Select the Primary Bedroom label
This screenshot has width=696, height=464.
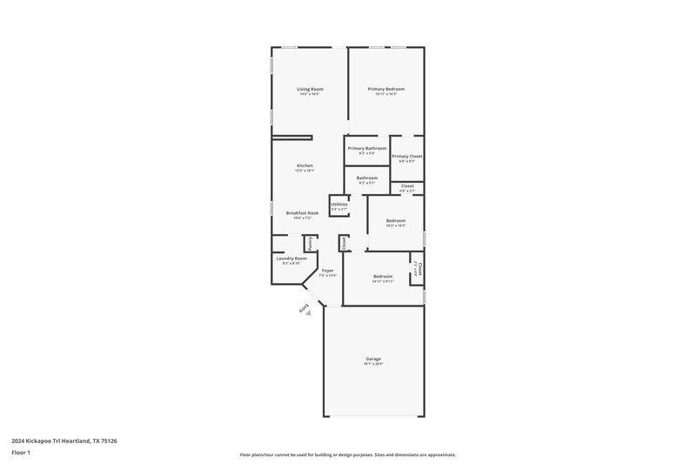point(385,89)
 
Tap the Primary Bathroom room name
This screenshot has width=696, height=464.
point(367,148)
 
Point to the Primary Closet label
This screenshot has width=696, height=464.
point(406,157)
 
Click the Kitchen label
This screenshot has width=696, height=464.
point(304,165)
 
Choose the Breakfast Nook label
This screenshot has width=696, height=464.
point(303,213)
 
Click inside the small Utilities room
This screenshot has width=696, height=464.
point(338,206)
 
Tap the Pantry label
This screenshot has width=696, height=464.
point(309,243)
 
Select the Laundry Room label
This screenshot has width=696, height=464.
point(291,259)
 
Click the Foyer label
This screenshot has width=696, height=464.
point(328,271)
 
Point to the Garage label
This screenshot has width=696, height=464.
point(373,358)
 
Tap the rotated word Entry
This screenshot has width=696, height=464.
point(305,310)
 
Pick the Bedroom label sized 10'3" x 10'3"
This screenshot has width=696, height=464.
point(396,221)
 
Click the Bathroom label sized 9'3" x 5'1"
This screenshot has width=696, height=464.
point(366,178)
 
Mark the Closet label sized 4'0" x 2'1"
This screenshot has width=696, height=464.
point(407,185)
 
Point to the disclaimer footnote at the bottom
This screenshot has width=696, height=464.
point(347,454)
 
